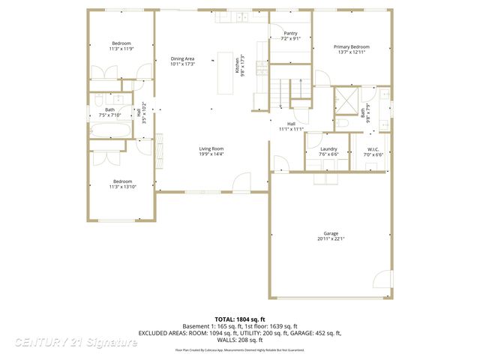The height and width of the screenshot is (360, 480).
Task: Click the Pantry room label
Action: tap(290, 34)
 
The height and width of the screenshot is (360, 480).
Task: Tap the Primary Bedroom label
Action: tap(352, 46)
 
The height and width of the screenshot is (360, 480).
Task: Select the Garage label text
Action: tap(331, 235)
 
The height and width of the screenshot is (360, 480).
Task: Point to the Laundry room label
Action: tap(328, 149)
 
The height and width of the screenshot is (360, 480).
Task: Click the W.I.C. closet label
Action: tap(373, 149)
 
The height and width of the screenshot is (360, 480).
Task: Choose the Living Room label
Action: tap(211, 148)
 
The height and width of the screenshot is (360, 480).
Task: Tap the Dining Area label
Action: tap(183, 58)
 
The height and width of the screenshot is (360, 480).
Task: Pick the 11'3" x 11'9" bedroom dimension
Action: tap(122, 49)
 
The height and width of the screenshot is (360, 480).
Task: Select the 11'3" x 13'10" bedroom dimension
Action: tap(122, 186)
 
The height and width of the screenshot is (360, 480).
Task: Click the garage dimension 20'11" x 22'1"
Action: tap(331, 239)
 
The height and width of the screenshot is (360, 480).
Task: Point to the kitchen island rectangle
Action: tap(226, 73)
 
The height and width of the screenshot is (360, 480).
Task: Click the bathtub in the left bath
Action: tap(110, 130)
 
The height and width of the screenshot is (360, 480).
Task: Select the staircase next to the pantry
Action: tap(289, 88)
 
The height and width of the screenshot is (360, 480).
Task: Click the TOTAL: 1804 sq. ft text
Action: tap(240, 319)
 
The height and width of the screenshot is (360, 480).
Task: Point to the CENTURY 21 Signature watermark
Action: tap(75, 342)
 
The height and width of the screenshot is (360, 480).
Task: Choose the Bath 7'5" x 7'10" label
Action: tap(110, 112)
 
